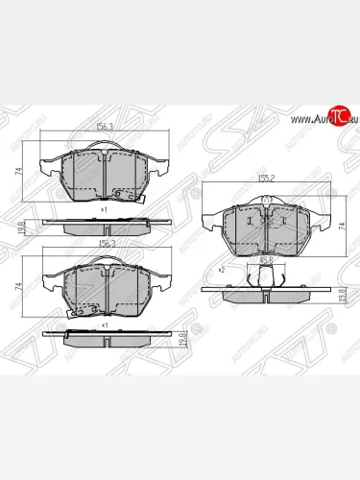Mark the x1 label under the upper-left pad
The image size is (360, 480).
click(x=103, y=207)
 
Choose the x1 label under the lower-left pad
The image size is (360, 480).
click(x=103, y=324)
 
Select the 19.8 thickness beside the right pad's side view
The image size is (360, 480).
click(x=343, y=296)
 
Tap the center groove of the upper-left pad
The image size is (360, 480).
click(x=103, y=173)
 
